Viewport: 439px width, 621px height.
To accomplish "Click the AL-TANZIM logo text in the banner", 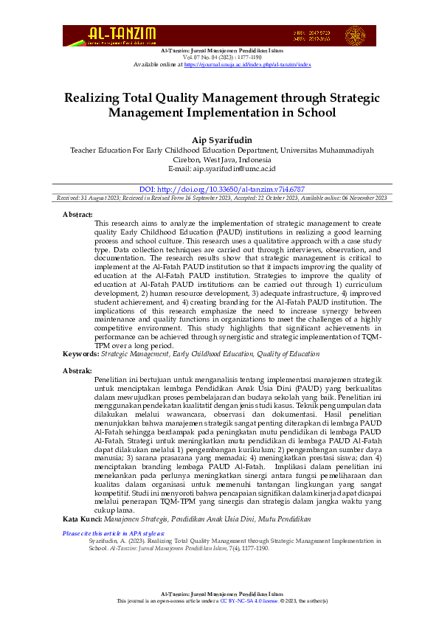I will (x=122, y=34).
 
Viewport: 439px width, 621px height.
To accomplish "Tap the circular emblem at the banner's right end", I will (x=355, y=35).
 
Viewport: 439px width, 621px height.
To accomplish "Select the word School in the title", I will (x=315, y=113).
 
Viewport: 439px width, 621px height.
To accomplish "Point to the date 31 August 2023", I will (x=101, y=198).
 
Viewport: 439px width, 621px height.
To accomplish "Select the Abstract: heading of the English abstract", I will (x=78, y=214).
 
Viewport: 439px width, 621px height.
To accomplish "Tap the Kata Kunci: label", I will (x=82, y=478).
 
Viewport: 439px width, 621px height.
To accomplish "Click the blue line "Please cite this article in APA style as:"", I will (x=114, y=491).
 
